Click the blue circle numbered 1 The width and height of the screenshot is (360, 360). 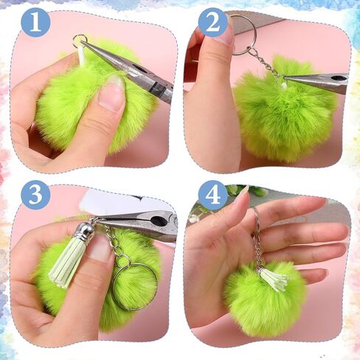(35, 22)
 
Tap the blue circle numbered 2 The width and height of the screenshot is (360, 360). (212, 22)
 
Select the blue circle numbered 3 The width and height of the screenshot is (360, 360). (35, 195)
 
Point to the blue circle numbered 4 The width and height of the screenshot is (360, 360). (212, 195)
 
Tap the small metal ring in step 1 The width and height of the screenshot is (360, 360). (80, 41)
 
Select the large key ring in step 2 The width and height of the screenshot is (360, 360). (242, 35)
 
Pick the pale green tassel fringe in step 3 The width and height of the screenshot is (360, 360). (64, 264)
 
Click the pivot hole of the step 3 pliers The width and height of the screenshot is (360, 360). (158, 221)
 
